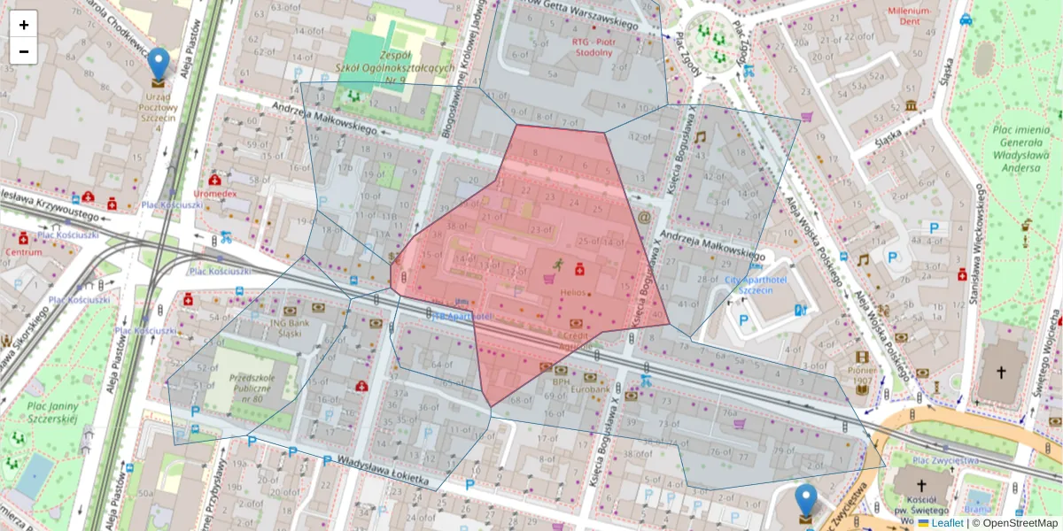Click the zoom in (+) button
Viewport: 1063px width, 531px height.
pyautogui.click(x=24, y=25)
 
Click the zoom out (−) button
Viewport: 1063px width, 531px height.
pyautogui.click(x=24, y=51)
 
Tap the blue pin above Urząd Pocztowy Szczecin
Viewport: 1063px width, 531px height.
pyautogui.click(x=159, y=65)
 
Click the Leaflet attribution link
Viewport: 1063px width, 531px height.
pyautogui.click(x=946, y=523)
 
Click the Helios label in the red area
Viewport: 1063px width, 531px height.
pyautogui.click(x=573, y=292)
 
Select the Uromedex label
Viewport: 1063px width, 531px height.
pyautogui.click(x=215, y=193)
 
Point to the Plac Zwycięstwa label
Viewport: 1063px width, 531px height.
pyautogui.click(x=945, y=460)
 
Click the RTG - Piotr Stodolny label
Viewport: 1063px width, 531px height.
pyautogui.click(x=592, y=46)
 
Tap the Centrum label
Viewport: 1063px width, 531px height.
pyautogui.click(x=24, y=252)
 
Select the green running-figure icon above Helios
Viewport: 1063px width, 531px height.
pyautogui.click(x=558, y=264)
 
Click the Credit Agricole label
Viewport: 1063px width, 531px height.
pyautogui.click(x=577, y=341)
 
